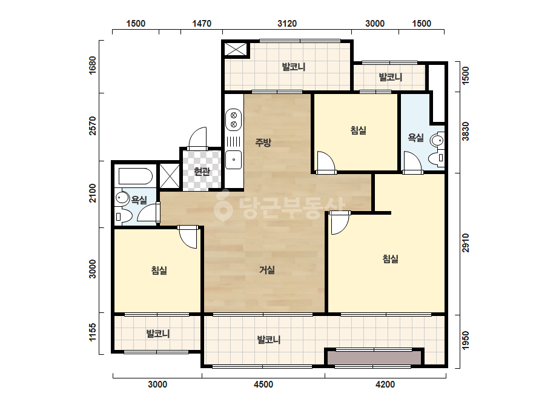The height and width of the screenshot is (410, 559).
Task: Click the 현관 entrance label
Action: (202, 172)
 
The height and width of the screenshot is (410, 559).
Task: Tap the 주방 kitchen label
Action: (263, 143)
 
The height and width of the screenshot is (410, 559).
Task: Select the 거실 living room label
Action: (266, 270)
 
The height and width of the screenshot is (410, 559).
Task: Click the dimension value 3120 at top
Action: (287, 24)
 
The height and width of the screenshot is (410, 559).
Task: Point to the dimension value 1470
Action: (202, 24)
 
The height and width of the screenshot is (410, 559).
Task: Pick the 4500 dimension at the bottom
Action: (263, 385)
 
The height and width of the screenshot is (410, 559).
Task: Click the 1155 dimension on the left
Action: (92, 332)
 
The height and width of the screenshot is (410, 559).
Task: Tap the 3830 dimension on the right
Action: (466, 132)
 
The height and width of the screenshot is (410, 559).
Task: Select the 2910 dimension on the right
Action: (466, 243)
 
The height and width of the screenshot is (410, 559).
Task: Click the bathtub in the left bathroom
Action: (136, 176)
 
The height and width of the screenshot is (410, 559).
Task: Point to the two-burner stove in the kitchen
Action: (234, 119)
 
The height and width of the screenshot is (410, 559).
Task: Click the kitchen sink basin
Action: (234, 160)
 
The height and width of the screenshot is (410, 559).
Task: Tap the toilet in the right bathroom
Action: (436, 158)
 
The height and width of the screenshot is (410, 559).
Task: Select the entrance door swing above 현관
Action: (197, 138)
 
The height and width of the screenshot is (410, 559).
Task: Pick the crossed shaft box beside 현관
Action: (170, 176)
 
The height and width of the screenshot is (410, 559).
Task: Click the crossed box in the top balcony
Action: (236, 49)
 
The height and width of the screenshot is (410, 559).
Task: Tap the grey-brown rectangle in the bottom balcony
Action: (374, 358)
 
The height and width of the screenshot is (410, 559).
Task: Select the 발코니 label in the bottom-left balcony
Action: (158, 334)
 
